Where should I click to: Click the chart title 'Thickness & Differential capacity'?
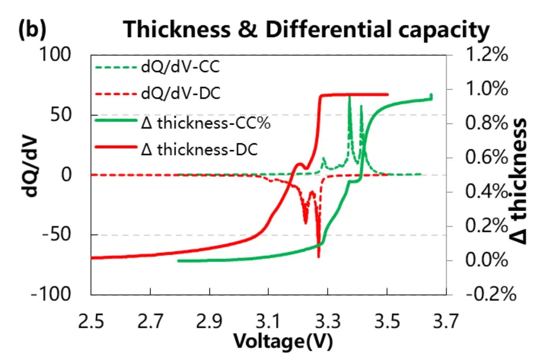(306, 30)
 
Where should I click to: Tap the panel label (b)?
(32, 29)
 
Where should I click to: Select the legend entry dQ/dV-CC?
(180, 67)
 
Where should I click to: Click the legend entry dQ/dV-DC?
(180, 94)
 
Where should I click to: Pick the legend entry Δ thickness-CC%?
(206, 123)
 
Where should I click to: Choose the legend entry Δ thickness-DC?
(199, 149)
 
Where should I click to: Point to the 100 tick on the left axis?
(55, 55)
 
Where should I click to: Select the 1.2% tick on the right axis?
(487, 55)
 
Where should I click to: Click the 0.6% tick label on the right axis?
(487, 157)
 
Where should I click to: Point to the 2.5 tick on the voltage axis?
(91, 321)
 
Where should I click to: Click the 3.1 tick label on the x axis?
(268, 321)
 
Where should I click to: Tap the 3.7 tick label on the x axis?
(446, 321)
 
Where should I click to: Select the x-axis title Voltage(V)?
(283, 341)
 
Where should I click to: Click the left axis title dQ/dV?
(30, 166)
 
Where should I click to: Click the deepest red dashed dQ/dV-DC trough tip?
(319, 256)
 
